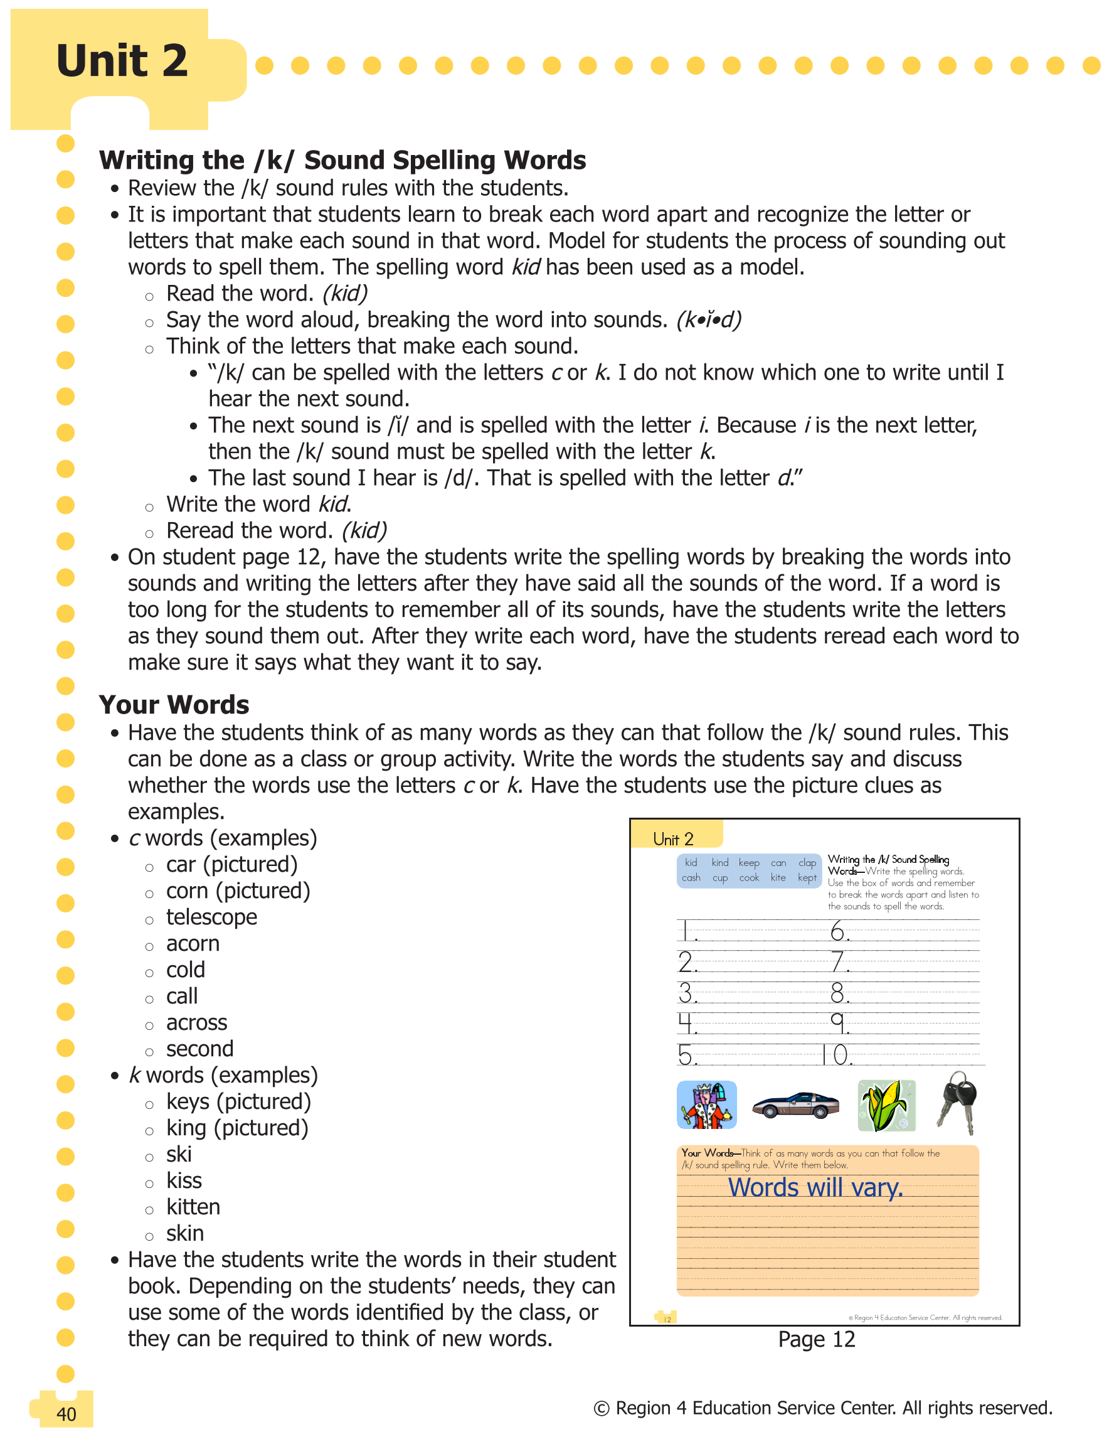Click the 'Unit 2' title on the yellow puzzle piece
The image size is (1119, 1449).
(122, 61)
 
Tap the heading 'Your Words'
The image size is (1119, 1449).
(174, 705)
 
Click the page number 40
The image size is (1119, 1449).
(66, 1414)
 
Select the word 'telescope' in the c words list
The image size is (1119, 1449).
(211, 917)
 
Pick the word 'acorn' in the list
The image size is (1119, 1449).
(193, 943)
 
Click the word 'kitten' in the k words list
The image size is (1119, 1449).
(193, 1207)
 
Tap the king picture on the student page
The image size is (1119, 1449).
(706, 1104)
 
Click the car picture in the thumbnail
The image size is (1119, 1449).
(795, 1105)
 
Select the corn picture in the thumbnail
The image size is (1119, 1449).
(886, 1105)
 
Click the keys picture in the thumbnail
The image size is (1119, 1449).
(958, 1103)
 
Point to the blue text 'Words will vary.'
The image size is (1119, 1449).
(815, 1187)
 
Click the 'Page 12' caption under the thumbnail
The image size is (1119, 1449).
(816, 1340)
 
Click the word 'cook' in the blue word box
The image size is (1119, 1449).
(749, 878)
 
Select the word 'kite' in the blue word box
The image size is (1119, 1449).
(778, 878)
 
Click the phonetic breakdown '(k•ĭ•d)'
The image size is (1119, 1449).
(708, 320)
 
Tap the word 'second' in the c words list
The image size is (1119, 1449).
(199, 1049)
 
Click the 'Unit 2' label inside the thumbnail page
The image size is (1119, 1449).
(672, 839)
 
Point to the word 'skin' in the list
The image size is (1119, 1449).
(185, 1233)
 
